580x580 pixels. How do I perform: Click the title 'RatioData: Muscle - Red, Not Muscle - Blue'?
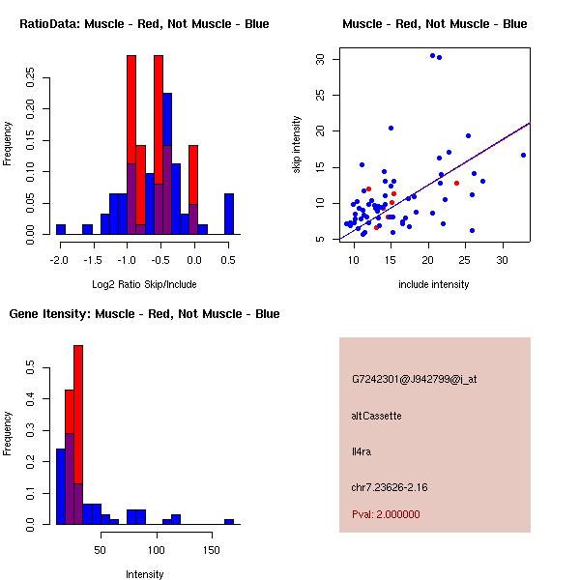(144, 23)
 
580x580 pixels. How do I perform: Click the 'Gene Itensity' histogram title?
(144, 314)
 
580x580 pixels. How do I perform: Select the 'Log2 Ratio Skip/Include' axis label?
(144, 284)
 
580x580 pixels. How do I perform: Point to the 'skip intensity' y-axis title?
(297, 145)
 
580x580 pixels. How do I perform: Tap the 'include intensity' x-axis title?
(434, 284)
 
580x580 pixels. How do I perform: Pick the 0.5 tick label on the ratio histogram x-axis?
(228, 260)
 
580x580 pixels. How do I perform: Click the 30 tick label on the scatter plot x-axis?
(503, 260)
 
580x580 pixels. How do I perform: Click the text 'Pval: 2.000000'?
(386, 514)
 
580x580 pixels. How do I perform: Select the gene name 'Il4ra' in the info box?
(362, 451)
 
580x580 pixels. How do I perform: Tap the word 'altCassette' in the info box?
(376, 416)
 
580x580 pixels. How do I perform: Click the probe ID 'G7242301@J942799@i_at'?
(414, 379)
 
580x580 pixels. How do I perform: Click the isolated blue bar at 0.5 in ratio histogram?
(229, 215)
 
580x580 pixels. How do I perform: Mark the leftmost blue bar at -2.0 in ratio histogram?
(61, 230)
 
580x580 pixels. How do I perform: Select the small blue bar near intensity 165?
(229, 522)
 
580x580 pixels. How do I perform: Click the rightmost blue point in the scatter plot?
(523, 155)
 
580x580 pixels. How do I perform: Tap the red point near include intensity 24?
(456, 183)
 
